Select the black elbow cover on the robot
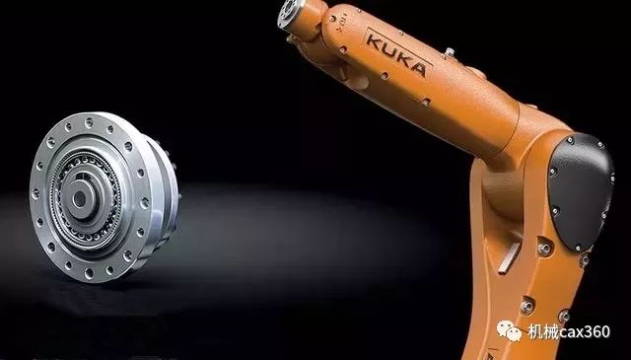point(581,190)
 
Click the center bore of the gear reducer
point(79,198)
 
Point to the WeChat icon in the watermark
point(510,330)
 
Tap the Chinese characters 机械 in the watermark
point(542,331)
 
